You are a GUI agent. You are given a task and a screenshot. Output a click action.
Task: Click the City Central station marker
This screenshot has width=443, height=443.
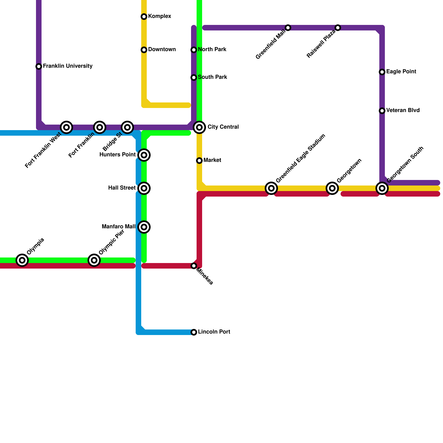pyautogui.click(x=199, y=127)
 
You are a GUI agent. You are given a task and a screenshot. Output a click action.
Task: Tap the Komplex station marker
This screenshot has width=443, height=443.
pyautogui.click(x=144, y=17)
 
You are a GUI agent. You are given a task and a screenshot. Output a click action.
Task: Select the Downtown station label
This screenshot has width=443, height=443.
pyautogui.click(x=162, y=50)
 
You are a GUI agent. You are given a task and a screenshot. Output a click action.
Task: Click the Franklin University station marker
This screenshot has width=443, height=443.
pyautogui.click(x=39, y=66)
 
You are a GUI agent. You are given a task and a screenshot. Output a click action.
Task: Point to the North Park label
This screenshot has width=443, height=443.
pyautogui.click(x=212, y=50)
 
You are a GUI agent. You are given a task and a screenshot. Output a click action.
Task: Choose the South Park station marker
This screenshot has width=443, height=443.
pyautogui.click(x=194, y=78)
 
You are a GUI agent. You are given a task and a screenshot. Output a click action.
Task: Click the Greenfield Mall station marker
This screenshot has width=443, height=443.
pyautogui.click(x=288, y=28)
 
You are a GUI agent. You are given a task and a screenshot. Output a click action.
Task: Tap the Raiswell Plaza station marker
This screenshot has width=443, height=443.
pyautogui.click(x=338, y=28)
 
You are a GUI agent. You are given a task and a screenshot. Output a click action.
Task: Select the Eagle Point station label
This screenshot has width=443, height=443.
pyautogui.click(x=401, y=72)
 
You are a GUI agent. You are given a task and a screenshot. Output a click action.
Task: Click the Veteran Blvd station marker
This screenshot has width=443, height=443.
pyautogui.click(x=382, y=111)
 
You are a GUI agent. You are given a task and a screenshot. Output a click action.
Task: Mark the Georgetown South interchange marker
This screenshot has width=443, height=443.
pyautogui.click(x=382, y=188)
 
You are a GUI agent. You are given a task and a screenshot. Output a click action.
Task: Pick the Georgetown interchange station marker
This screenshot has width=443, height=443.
pyautogui.click(x=332, y=188)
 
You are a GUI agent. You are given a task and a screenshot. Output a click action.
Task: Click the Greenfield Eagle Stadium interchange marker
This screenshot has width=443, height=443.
pyautogui.click(x=271, y=188)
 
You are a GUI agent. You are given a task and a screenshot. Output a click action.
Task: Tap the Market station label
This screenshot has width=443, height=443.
pyautogui.click(x=212, y=160)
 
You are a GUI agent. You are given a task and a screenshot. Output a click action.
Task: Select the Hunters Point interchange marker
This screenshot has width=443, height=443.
pyautogui.click(x=144, y=155)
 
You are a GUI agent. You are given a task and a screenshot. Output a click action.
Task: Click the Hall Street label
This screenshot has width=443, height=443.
pyautogui.click(x=122, y=188)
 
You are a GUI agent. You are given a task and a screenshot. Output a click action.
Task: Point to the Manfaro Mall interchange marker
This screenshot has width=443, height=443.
pyautogui.click(x=144, y=227)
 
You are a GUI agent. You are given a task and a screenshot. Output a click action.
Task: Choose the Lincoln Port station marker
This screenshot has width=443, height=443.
pyautogui.click(x=194, y=332)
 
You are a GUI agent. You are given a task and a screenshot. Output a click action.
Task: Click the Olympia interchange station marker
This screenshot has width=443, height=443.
pyautogui.click(x=22, y=260)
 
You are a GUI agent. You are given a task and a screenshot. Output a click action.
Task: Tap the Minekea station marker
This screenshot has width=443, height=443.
pyautogui.click(x=194, y=266)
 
